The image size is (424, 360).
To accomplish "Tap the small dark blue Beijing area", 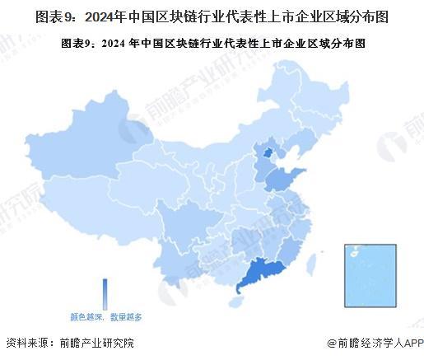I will pos(266,152).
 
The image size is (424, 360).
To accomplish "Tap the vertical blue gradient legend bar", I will pos(105,293).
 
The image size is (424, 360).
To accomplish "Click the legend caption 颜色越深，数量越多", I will pos(106,316).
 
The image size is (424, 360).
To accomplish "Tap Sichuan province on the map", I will pos(184,222).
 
